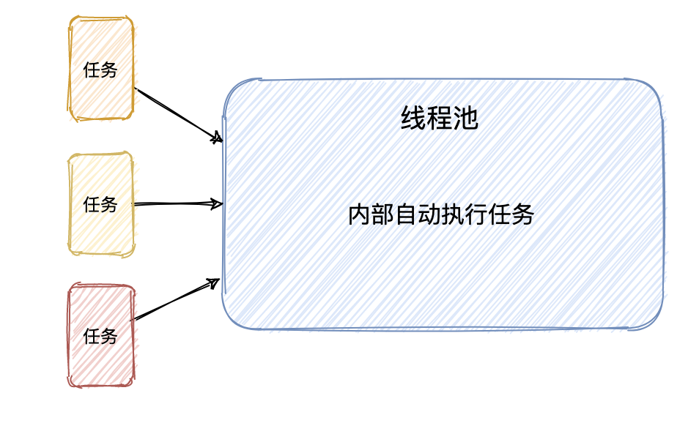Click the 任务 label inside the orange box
tap(100, 70)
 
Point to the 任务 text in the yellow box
tap(100, 204)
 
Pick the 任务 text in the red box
tap(100, 337)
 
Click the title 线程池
tap(440, 118)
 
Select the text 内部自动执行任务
tap(440, 215)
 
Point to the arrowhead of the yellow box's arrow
tap(218, 203)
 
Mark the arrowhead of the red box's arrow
tap(215, 280)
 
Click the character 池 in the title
tap(465, 118)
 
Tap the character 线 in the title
tap(414, 118)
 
